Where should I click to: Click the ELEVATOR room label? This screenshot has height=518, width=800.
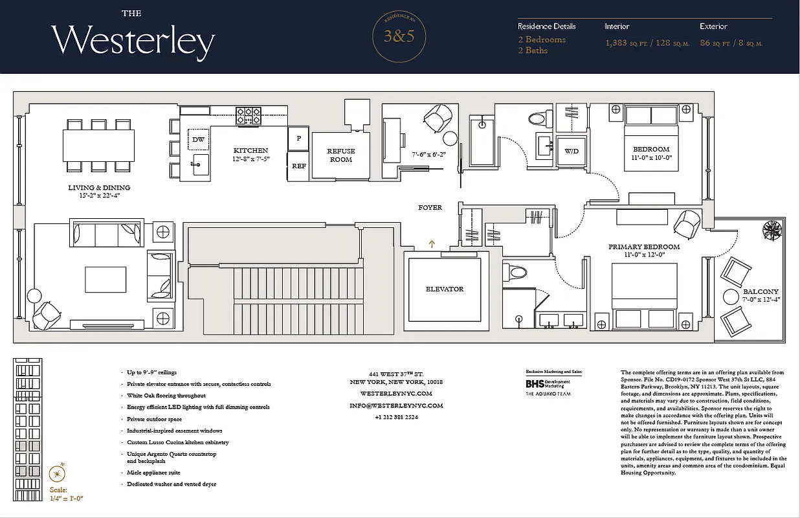pyautogui.click(x=444, y=289)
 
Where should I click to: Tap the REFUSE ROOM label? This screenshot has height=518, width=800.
pyautogui.click(x=340, y=155)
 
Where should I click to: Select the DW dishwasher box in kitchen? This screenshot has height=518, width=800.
pyautogui.click(x=198, y=139)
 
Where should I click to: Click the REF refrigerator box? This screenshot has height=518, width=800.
pyautogui.click(x=299, y=166)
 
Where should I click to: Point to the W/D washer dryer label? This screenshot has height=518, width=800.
pyautogui.click(x=572, y=152)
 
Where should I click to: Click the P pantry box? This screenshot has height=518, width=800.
pyautogui.click(x=299, y=138)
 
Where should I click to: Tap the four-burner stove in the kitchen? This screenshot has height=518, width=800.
pyautogui.click(x=248, y=115)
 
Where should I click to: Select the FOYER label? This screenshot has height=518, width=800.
pyautogui.click(x=430, y=208)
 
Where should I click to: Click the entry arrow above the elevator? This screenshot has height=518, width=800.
pyautogui.click(x=432, y=243)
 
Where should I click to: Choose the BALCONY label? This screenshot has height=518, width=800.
pyautogui.click(x=761, y=291)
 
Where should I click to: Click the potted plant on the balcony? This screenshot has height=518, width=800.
pyautogui.click(x=772, y=229)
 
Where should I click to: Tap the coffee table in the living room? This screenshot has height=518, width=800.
pyautogui.click(x=106, y=279)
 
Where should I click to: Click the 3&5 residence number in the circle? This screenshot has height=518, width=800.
pyautogui.click(x=399, y=36)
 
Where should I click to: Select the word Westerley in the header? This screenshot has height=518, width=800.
pyautogui.click(x=133, y=41)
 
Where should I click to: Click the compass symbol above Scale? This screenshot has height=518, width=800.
pyautogui.click(x=60, y=471)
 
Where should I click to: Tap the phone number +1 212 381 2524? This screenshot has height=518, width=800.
pyautogui.click(x=395, y=418)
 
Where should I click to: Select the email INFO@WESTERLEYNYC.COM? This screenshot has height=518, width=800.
pyautogui.click(x=395, y=405)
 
